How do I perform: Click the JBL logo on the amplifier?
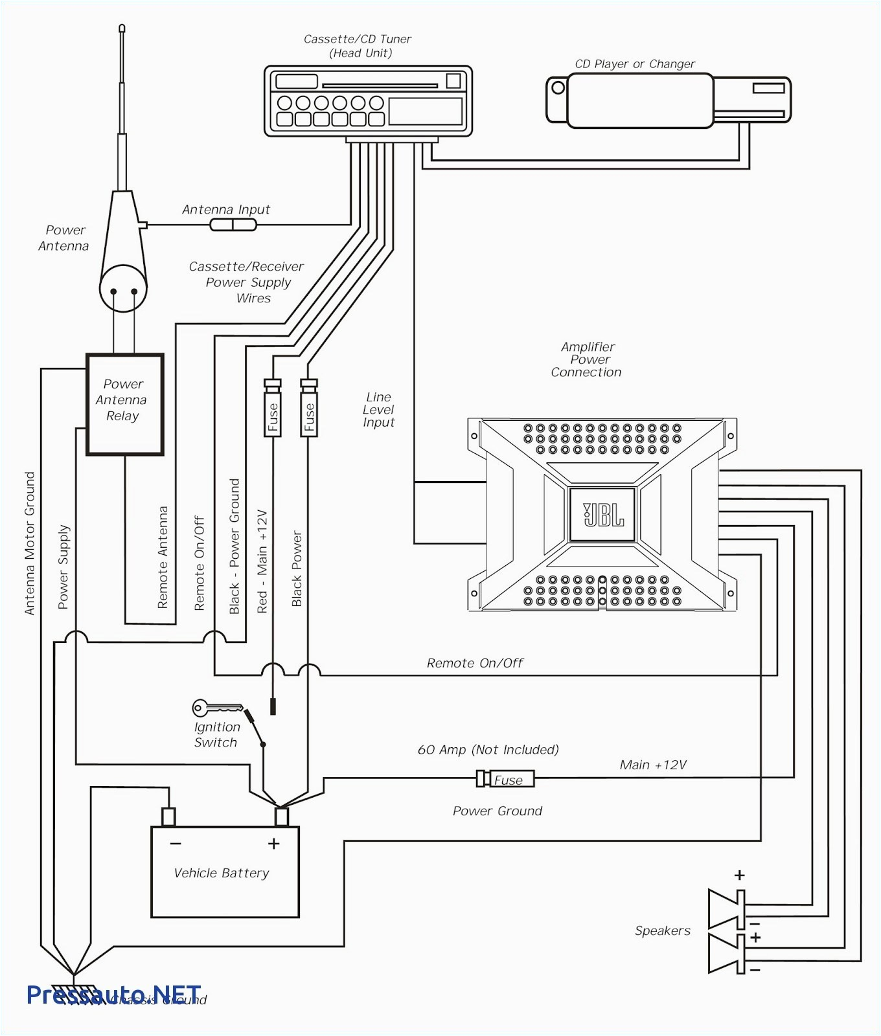tap(603, 515)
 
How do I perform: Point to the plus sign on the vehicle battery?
tap(273, 844)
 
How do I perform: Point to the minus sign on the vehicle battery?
tap(176, 844)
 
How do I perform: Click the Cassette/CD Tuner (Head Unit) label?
tap(358, 46)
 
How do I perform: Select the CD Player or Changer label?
tap(634, 64)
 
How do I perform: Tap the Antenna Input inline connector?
tap(233, 225)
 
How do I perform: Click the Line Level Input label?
tap(378, 409)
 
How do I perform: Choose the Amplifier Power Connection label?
tap(586, 359)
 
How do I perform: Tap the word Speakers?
tap(662, 930)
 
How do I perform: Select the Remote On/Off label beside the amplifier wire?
tap(474, 663)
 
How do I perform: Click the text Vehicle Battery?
tap(222, 873)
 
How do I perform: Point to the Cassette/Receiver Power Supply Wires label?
tap(247, 282)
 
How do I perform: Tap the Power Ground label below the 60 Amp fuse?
tap(497, 811)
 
